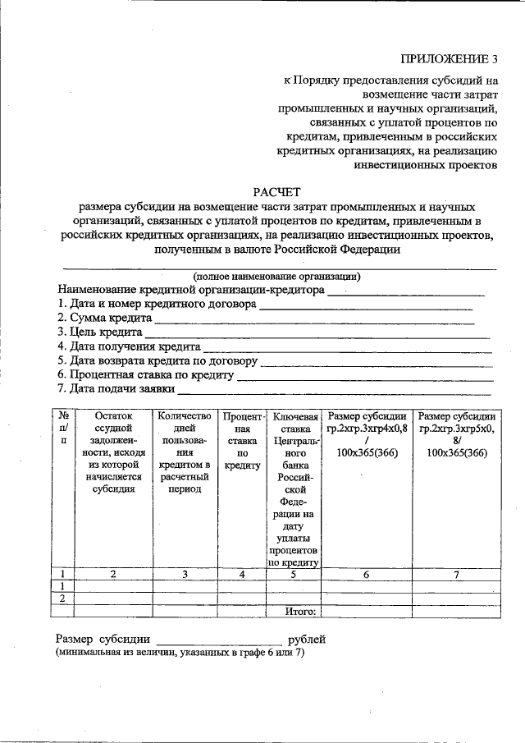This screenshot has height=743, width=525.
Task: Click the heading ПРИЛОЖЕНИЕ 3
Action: [449, 58]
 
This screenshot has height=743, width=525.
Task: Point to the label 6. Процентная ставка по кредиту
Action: [145, 374]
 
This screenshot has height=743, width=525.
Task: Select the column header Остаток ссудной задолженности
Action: [113, 452]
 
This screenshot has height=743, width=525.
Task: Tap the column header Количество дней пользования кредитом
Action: [185, 452]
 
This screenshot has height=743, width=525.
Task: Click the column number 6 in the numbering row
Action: [366, 575]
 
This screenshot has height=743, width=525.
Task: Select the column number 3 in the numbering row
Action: [185, 575]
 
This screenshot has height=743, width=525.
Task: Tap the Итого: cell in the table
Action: [300, 611]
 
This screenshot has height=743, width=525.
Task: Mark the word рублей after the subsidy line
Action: [306, 639]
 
